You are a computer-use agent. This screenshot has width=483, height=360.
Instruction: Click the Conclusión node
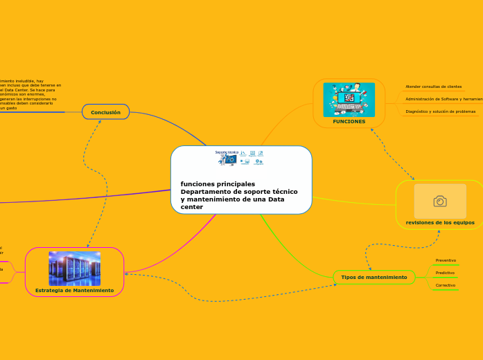(x=105, y=112)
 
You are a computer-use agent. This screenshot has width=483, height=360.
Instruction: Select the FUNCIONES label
(x=349, y=121)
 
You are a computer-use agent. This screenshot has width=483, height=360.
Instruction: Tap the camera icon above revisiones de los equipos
(x=440, y=201)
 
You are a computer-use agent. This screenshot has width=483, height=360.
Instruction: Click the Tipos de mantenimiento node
(x=374, y=277)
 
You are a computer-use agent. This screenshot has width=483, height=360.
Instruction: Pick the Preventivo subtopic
(x=446, y=260)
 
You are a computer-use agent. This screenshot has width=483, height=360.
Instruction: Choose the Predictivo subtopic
(x=445, y=273)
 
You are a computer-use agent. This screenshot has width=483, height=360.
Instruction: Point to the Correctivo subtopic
(x=446, y=285)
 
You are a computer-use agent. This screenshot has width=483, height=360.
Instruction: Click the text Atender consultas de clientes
(x=434, y=87)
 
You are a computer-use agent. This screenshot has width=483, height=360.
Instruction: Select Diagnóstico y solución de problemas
(x=441, y=111)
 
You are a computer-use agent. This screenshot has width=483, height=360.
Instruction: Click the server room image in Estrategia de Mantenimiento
(x=74, y=269)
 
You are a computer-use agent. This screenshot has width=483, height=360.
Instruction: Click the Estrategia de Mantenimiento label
(x=74, y=290)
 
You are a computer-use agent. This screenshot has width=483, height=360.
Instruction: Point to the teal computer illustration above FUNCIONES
(x=349, y=100)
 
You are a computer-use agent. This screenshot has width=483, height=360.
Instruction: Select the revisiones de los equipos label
(x=440, y=222)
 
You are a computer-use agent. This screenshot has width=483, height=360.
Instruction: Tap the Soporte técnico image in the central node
(x=240, y=158)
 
